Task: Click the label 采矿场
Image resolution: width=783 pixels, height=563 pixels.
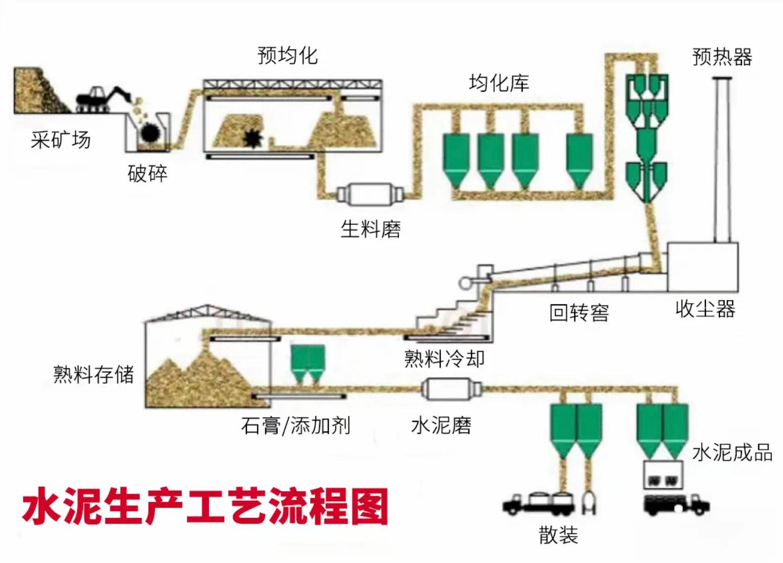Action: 60,140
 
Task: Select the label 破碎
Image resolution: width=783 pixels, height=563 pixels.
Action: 147,174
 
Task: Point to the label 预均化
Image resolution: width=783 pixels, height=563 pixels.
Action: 287,55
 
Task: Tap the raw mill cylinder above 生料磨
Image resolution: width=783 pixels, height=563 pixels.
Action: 369,194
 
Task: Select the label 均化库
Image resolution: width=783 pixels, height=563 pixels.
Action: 498,82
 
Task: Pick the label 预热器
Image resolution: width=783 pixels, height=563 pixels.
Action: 722,57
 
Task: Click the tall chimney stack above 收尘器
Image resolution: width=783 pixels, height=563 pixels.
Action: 722,158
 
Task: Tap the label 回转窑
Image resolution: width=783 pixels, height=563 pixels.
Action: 579,313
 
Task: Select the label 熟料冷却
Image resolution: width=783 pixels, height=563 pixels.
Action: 444,359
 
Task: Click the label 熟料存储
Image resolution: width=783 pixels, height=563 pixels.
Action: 94,374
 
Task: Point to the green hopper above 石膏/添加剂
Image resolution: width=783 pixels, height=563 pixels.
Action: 307,361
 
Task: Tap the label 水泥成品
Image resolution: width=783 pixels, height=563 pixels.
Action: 732,452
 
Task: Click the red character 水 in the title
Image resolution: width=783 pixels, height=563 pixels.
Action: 41,507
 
